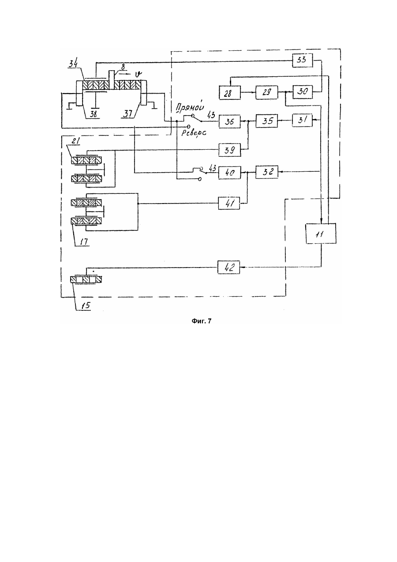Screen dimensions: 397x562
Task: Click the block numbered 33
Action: point(303,60)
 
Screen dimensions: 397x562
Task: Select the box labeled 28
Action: point(229,93)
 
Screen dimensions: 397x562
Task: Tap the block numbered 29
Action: point(267,93)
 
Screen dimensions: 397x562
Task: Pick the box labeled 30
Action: point(303,92)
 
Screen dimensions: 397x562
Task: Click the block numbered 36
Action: point(229,122)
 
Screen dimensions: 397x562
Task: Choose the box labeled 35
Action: point(267,121)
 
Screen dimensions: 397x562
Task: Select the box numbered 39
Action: point(229,150)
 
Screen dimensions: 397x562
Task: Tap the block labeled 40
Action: point(229,173)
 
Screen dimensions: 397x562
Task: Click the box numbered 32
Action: point(267,172)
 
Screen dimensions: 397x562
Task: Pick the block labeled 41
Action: point(229,203)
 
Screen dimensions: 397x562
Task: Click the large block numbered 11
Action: point(321,234)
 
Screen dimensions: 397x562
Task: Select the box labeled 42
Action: point(228,267)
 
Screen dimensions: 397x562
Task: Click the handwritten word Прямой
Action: point(189,107)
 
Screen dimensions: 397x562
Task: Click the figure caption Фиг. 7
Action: point(202,321)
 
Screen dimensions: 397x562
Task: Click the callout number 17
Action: point(84,241)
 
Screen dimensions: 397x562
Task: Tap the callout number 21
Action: point(75,141)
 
